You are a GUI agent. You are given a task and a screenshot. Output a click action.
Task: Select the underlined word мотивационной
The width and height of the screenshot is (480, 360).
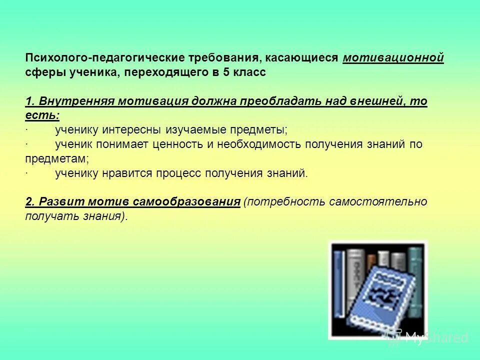(x=393, y=58)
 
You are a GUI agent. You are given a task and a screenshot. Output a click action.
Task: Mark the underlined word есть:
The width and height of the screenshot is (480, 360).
(x=42, y=115)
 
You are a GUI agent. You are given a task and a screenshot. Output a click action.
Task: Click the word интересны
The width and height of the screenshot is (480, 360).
(x=132, y=130)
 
